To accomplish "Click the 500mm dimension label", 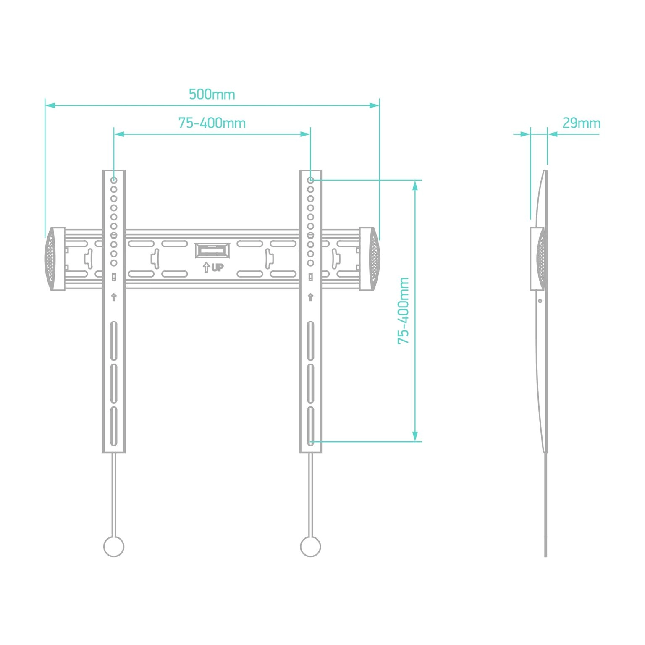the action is (212, 94).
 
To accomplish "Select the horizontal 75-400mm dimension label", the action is (212, 123).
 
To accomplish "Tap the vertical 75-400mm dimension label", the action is (403, 311).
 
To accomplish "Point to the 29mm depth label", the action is (581, 123).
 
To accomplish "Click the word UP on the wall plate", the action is (218, 267).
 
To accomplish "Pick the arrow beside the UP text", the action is (206, 267).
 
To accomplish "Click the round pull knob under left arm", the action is (114, 546).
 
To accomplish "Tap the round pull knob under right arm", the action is (310, 546).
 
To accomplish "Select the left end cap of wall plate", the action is (55, 259).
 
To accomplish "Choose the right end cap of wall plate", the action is (370, 259).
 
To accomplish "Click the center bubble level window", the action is (212, 251).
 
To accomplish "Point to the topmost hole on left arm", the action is (114, 180).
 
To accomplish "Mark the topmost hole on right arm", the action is (310, 180).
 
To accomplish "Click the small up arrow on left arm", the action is (114, 297).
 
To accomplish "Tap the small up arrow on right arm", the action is (310, 297).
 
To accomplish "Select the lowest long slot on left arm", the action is (114, 426).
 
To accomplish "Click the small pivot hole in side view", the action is (540, 301).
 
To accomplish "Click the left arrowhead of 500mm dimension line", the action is (50, 105).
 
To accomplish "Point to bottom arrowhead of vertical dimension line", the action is (415, 436).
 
